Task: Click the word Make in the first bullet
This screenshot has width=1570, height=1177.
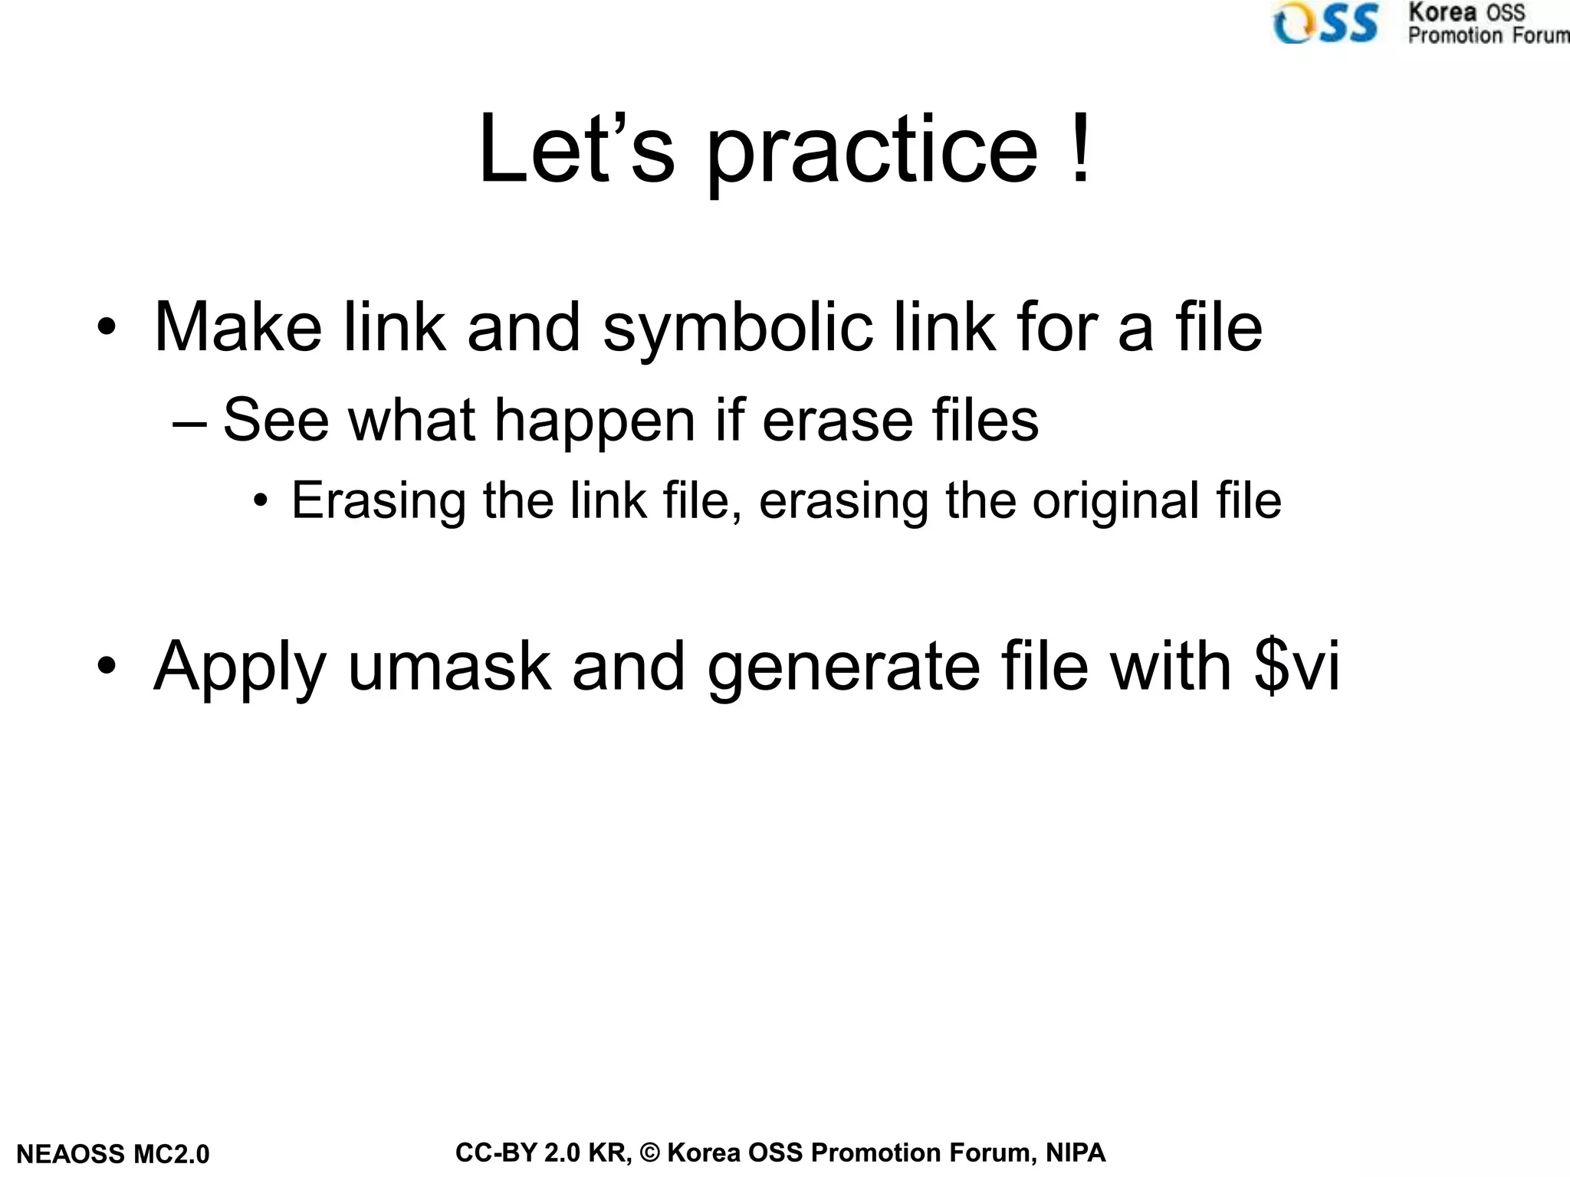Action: [x=238, y=327]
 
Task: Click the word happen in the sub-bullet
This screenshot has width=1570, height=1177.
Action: [x=595, y=422]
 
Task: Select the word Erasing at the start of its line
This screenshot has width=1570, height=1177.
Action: [x=379, y=502]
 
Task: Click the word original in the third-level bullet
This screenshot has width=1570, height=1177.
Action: [x=1115, y=502]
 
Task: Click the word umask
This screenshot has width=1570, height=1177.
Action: [x=449, y=667]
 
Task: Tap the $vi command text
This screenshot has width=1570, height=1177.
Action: [x=1296, y=667]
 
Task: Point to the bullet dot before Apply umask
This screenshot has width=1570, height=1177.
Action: [x=107, y=667]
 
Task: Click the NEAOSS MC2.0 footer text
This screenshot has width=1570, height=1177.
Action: [x=113, y=1154]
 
